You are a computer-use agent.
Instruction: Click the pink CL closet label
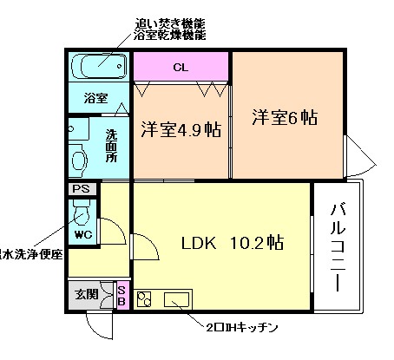tap(180, 67)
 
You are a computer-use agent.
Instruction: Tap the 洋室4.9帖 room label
tap(180, 131)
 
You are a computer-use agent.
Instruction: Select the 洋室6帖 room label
tap(285, 118)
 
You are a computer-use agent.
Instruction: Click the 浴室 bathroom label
tap(95, 98)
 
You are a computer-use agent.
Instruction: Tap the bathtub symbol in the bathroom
tap(98, 66)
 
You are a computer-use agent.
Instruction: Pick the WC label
tap(82, 234)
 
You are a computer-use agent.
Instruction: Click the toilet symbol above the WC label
tap(83, 212)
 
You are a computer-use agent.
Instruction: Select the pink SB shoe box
tap(121, 296)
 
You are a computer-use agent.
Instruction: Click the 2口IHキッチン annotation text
tap(240, 328)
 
